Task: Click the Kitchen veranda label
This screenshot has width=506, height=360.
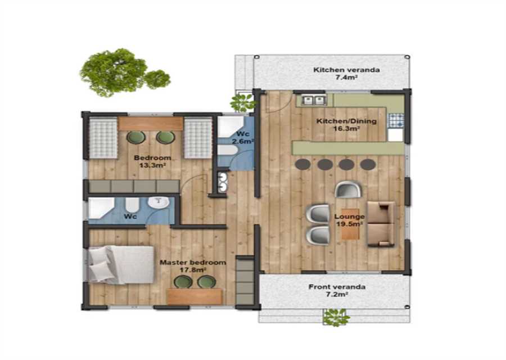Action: (x=346, y=70)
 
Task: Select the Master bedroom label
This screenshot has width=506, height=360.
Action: (x=193, y=263)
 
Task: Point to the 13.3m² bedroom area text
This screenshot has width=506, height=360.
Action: (x=152, y=165)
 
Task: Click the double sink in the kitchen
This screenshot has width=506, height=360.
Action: (x=314, y=101)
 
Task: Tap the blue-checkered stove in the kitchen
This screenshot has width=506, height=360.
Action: (x=396, y=121)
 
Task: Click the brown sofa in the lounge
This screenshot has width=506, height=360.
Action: (x=381, y=224)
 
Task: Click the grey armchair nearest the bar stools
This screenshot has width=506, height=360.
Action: (x=347, y=190)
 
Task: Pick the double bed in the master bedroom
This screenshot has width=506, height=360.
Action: (x=121, y=265)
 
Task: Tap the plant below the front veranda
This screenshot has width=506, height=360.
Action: (x=336, y=317)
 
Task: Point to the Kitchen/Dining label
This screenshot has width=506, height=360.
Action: (x=346, y=121)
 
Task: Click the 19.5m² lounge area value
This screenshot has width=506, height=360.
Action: (x=350, y=224)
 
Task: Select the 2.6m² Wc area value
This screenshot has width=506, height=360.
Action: (x=243, y=141)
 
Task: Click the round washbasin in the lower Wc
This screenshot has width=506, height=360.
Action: (x=159, y=203)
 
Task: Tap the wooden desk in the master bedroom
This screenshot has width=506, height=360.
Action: (x=195, y=296)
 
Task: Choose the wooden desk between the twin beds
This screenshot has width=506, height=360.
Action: (x=150, y=124)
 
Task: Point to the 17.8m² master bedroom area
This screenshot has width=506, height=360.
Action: (x=193, y=270)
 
